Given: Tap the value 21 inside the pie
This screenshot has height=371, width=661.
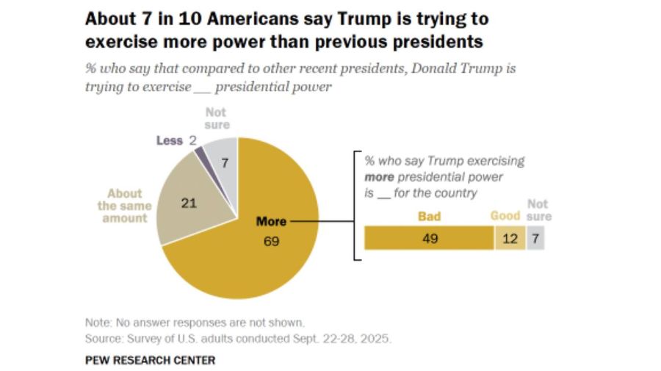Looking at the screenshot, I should click(x=189, y=203).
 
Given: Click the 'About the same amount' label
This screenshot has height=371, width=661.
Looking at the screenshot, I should click(x=124, y=206).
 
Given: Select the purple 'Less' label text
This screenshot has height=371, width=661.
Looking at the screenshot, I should click(x=169, y=140).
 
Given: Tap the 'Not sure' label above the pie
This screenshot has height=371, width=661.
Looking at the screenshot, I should click(x=216, y=118).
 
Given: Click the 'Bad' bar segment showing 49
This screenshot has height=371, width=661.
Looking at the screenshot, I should click(x=429, y=238).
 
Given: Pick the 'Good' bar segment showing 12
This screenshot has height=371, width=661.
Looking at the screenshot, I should click(x=510, y=238).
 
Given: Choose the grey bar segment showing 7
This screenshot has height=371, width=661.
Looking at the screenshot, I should click(x=535, y=238).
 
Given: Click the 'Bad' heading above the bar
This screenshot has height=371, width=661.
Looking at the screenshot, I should click(x=429, y=216).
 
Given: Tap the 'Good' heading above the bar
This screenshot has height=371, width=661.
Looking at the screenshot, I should click(x=505, y=216).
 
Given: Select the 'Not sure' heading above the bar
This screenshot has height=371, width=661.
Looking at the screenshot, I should click(x=539, y=211).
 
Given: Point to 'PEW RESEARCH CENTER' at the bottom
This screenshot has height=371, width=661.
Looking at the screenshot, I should click(x=150, y=360).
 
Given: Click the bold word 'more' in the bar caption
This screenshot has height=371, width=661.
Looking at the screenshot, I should click(x=380, y=177).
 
